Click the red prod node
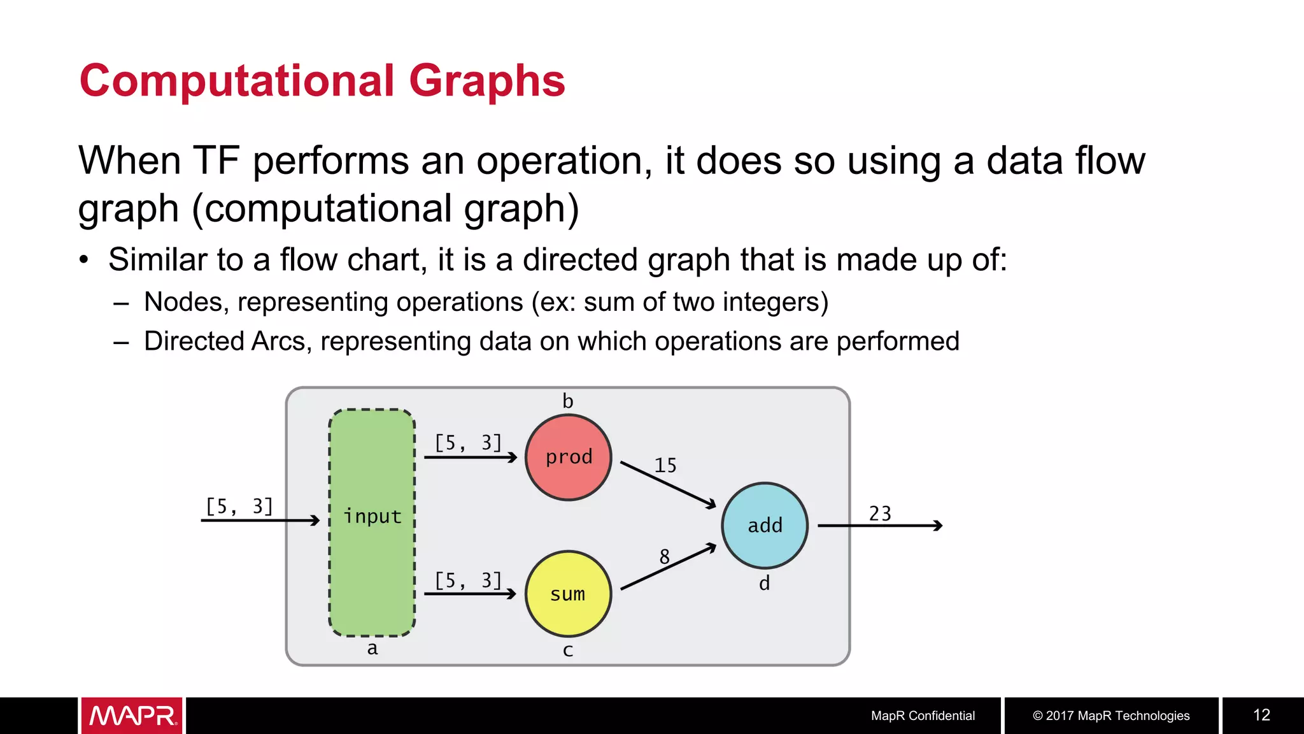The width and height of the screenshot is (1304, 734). [569, 457]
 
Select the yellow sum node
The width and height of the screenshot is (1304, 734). [568, 594]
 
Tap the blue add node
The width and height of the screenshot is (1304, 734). [765, 526]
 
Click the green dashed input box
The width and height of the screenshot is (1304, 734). [372, 522]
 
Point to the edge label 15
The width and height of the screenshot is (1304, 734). [665, 466]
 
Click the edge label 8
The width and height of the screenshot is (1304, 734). [664, 557]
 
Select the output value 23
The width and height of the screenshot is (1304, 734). [880, 514]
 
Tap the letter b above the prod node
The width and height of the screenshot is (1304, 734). [568, 401]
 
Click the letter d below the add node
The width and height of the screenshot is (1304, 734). [764, 583]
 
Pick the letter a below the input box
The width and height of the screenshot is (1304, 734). [372, 649]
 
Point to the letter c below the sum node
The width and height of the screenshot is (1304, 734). [568, 651]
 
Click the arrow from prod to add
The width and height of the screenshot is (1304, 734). [668, 485]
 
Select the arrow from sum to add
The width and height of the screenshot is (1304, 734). [668, 567]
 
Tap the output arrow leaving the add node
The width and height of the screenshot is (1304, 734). [879, 526]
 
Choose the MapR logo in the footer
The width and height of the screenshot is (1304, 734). [132, 716]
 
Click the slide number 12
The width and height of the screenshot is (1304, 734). [1261, 715]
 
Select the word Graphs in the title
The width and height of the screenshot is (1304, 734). [486, 81]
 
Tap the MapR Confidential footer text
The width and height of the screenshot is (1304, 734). [923, 716]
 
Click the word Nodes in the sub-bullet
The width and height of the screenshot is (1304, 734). [182, 302]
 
